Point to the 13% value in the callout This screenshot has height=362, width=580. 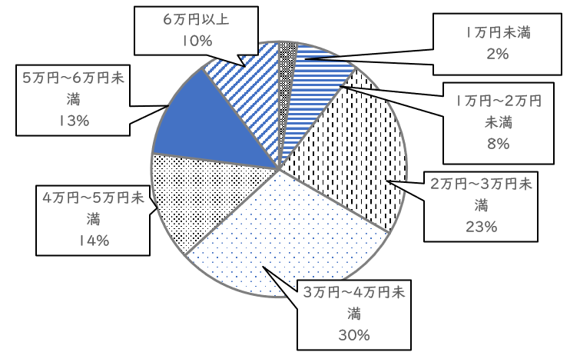(x=74, y=121)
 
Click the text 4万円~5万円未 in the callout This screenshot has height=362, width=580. (x=94, y=199)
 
